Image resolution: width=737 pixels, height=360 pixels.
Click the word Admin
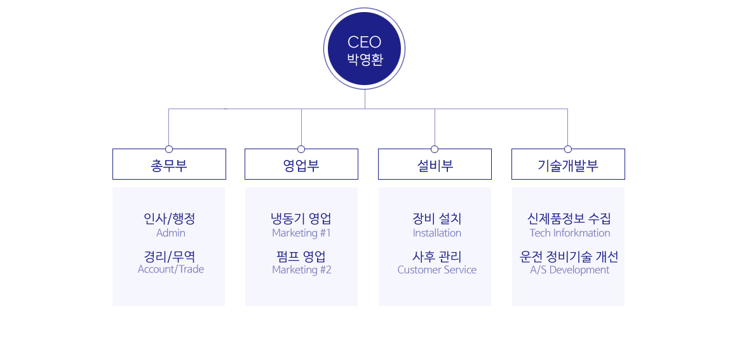click(171, 233)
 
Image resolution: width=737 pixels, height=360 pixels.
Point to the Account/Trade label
click(171, 269)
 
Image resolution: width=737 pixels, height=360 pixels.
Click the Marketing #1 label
click(301, 233)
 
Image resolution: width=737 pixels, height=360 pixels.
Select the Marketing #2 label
click(302, 270)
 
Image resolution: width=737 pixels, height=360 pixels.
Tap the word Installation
click(437, 233)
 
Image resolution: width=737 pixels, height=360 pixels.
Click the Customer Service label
click(437, 270)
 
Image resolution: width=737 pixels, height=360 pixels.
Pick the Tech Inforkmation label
click(570, 233)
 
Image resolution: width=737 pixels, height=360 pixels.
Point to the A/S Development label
click(570, 270)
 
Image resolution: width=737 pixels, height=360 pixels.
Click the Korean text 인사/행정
click(170, 218)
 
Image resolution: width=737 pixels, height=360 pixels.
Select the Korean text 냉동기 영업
click(301, 218)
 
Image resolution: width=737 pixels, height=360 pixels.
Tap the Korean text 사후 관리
click(437, 257)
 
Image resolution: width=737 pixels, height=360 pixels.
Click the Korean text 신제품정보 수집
click(569, 218)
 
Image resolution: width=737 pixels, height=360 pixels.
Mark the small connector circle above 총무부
click(169, 149)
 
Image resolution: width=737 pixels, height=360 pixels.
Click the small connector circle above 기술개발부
click(568, 149)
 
